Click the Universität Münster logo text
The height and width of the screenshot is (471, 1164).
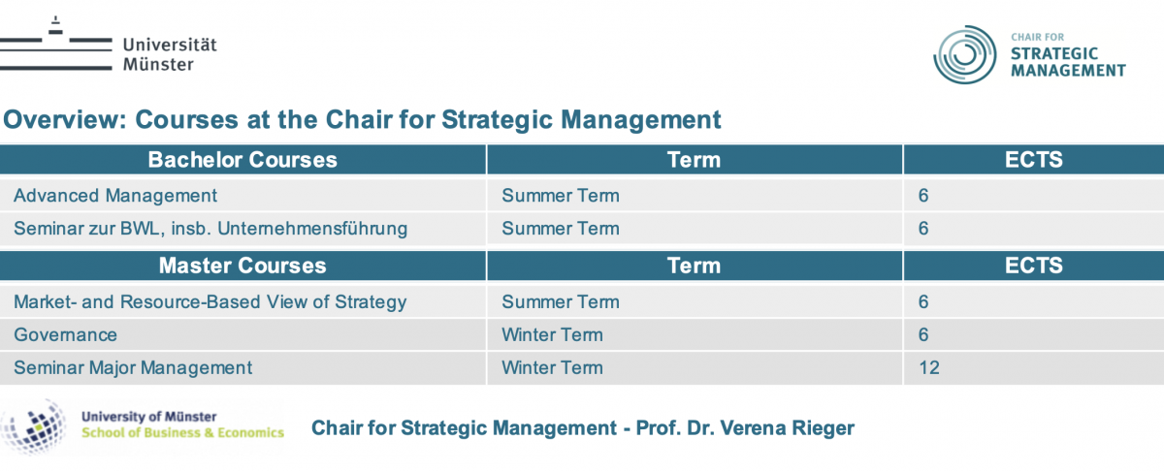point(170,54)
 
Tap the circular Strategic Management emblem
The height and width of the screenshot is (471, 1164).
point(965,54)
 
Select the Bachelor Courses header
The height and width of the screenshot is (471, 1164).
point(242,160)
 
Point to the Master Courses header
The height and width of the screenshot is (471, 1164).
point(242,266)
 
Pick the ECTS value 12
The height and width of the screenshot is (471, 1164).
point(929,367)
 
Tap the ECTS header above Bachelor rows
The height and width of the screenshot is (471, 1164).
point(1034,160)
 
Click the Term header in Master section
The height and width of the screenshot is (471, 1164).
point(695,266)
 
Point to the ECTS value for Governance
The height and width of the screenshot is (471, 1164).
point(923,335)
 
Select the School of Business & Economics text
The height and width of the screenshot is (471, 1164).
point(183,432)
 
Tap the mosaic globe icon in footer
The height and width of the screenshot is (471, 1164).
point(34,427)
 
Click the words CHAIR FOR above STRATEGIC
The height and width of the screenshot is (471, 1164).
point(1038,37)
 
